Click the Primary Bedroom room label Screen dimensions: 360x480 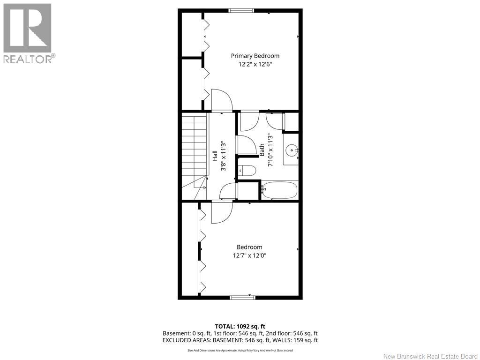[255, 56]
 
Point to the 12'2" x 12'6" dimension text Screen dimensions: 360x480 [255, 65]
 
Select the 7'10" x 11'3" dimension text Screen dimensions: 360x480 [270, 150]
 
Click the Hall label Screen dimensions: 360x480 [215, 156]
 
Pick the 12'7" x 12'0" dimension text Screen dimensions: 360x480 [249, 255]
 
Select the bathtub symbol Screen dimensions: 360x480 [279, 190]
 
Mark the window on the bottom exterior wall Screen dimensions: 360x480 [242, 297]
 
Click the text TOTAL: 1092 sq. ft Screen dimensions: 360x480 [240, 326]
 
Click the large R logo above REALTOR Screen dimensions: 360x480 [27, 28]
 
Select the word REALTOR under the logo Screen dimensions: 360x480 [27, 59]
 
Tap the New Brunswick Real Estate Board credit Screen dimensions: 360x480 [431, 356]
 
